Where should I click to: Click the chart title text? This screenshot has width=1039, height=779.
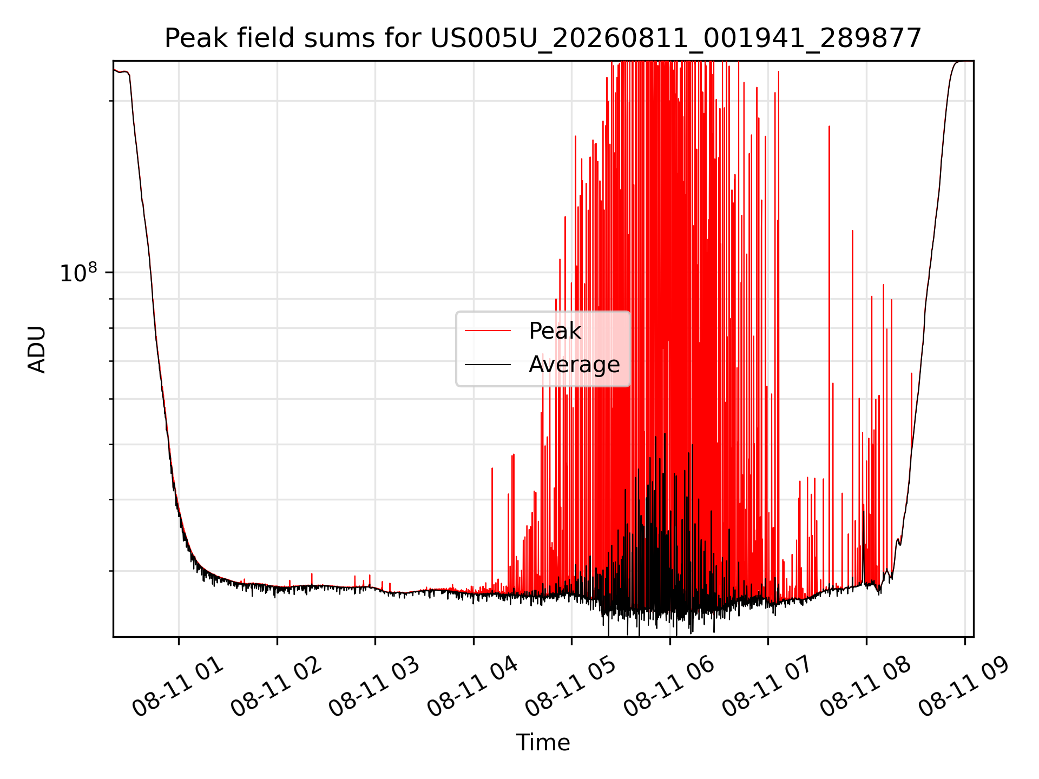[x=543, y=38]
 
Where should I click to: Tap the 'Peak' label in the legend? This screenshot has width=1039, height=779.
[x=555, y=331]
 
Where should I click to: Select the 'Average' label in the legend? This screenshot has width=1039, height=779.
[x=574, y=365]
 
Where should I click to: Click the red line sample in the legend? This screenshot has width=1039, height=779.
[x=488, y=331]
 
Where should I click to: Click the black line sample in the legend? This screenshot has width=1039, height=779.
[x=488, y=365]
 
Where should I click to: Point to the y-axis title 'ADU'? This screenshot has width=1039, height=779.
[x=37, y=349]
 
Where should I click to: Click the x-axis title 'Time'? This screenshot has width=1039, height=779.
[x=543, y=743]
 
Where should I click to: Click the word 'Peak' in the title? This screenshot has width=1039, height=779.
[x=189, y=38]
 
